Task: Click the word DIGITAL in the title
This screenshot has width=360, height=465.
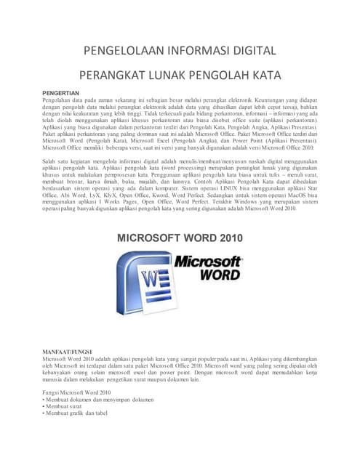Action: tap(249, 51)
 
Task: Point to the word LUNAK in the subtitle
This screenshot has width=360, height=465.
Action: tap(164, 74)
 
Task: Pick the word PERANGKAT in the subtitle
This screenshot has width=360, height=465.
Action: tap(111, 74)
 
